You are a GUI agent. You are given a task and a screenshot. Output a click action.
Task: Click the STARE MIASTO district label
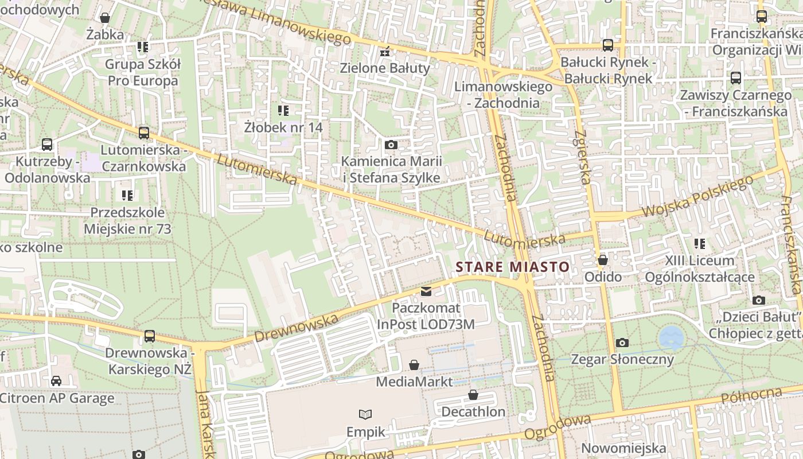coord(512,267)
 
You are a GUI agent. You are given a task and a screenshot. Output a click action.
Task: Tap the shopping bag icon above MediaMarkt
coord(414,365)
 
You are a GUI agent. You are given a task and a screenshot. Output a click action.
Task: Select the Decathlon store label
coord(473,411)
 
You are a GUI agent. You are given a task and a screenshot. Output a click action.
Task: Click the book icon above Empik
coord(365,414)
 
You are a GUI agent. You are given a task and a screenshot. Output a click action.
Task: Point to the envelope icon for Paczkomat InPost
coord(426,291)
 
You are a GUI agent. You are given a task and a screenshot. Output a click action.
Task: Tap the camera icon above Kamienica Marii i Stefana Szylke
coord(391,145)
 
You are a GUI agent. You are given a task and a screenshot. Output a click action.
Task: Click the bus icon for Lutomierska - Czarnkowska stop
coord(143,133)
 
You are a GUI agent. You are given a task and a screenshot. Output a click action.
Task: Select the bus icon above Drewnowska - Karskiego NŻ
coord(149,336)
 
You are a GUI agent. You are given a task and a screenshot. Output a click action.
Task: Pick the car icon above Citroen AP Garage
coord(56,381)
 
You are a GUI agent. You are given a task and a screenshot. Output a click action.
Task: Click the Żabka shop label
coord(105,34)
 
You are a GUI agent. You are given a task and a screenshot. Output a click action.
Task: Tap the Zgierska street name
coord(580,156)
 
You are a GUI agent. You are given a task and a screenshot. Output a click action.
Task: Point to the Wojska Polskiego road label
coord(697,197)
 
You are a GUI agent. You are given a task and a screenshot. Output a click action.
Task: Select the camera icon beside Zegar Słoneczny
coord(622,343)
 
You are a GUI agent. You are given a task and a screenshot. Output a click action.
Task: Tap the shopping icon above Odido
coord(602,260)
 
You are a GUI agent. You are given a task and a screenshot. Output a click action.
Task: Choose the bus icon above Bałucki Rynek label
coord(607,45)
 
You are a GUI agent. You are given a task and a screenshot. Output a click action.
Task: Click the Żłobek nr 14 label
coord(283,127)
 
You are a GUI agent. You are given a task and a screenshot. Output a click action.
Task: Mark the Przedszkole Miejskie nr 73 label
coord(127,221)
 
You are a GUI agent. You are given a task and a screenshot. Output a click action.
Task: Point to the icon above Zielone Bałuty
coord(385,52)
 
